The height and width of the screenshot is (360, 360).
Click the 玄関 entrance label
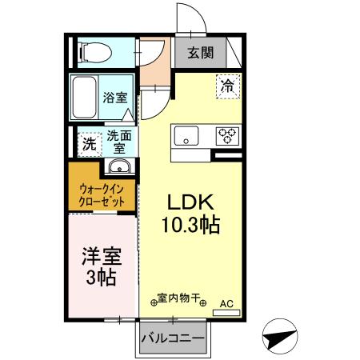[201, 54]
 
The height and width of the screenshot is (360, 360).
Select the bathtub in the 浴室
[83, 97]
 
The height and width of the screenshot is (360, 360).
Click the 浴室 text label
[115, 98]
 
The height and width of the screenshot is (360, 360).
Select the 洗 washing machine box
[90, 145]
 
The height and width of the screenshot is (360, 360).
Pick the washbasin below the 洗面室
[118, 167]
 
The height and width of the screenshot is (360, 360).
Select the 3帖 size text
[100, 278]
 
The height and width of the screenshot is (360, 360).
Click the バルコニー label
[173, 338]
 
